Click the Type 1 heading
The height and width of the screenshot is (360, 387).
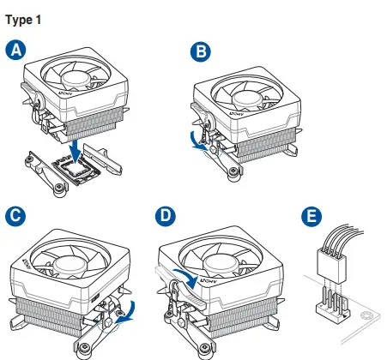click(23, 20)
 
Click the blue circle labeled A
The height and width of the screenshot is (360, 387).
click(15, 50)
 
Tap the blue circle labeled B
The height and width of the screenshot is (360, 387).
click(201, 51)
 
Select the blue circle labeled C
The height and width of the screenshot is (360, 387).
click(15, 216)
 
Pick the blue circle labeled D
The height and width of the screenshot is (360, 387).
click(166, 216)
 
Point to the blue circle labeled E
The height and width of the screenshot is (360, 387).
click(311, 216)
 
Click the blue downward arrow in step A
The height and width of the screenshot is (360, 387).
click(76, 152)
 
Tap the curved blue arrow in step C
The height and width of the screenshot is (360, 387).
click(128, 312)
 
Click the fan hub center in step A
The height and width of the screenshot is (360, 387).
click(76, 77)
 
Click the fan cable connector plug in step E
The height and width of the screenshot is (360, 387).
click(331, 265)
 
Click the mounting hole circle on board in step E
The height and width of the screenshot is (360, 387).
click(366, 315)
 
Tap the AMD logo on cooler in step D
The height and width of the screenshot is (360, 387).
click(209, 281)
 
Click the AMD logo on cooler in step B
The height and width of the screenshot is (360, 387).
click(237, 114)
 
